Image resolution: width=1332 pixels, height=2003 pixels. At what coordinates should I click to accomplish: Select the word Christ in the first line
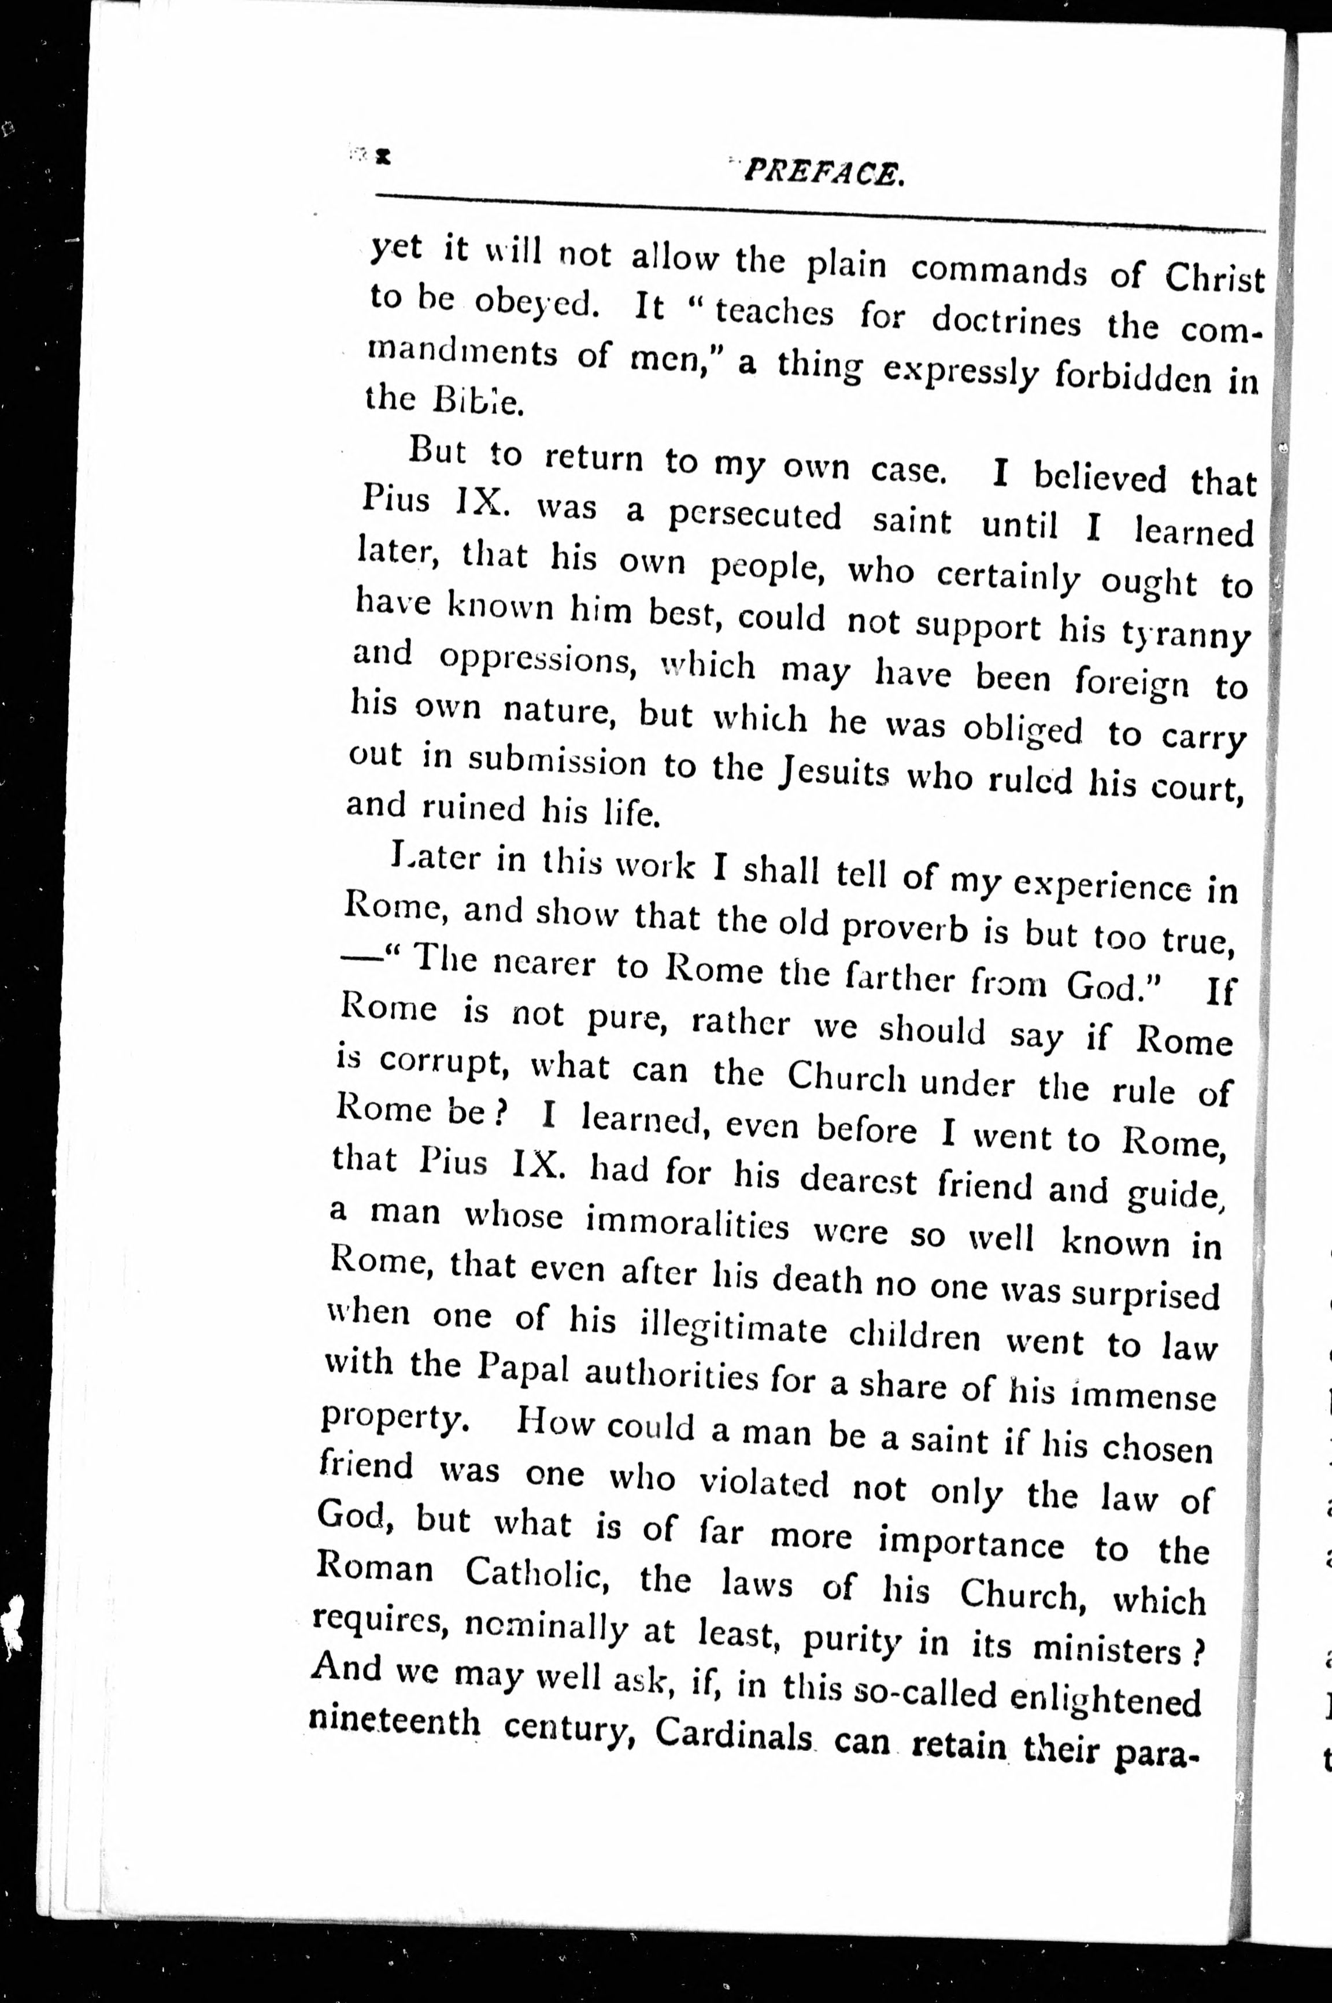pos(1214,277)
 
